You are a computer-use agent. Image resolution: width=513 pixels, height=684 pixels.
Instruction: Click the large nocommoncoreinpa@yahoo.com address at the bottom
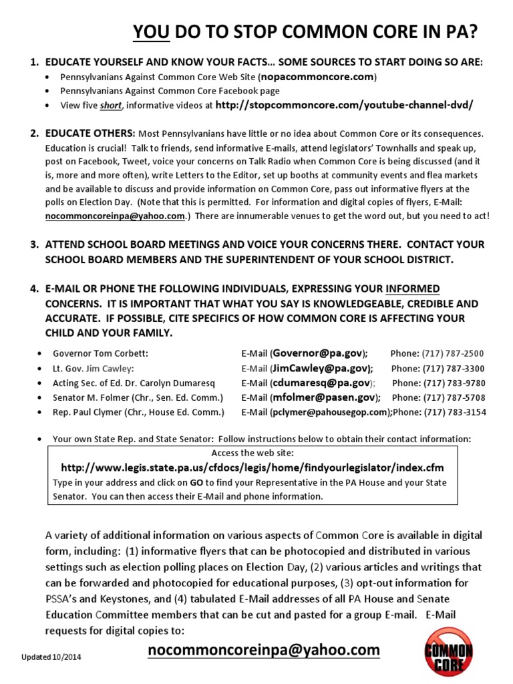[264, 650]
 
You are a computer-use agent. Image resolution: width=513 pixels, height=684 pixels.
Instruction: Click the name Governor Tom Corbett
[100, 353]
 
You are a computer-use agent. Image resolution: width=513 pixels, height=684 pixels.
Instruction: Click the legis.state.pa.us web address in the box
[252, 468]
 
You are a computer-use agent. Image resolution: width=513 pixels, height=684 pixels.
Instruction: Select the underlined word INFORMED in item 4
[413, 289]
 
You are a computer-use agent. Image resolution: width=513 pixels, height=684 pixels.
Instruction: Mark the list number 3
[33, 244]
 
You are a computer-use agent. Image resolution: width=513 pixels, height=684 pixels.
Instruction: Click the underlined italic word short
[111, 106]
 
